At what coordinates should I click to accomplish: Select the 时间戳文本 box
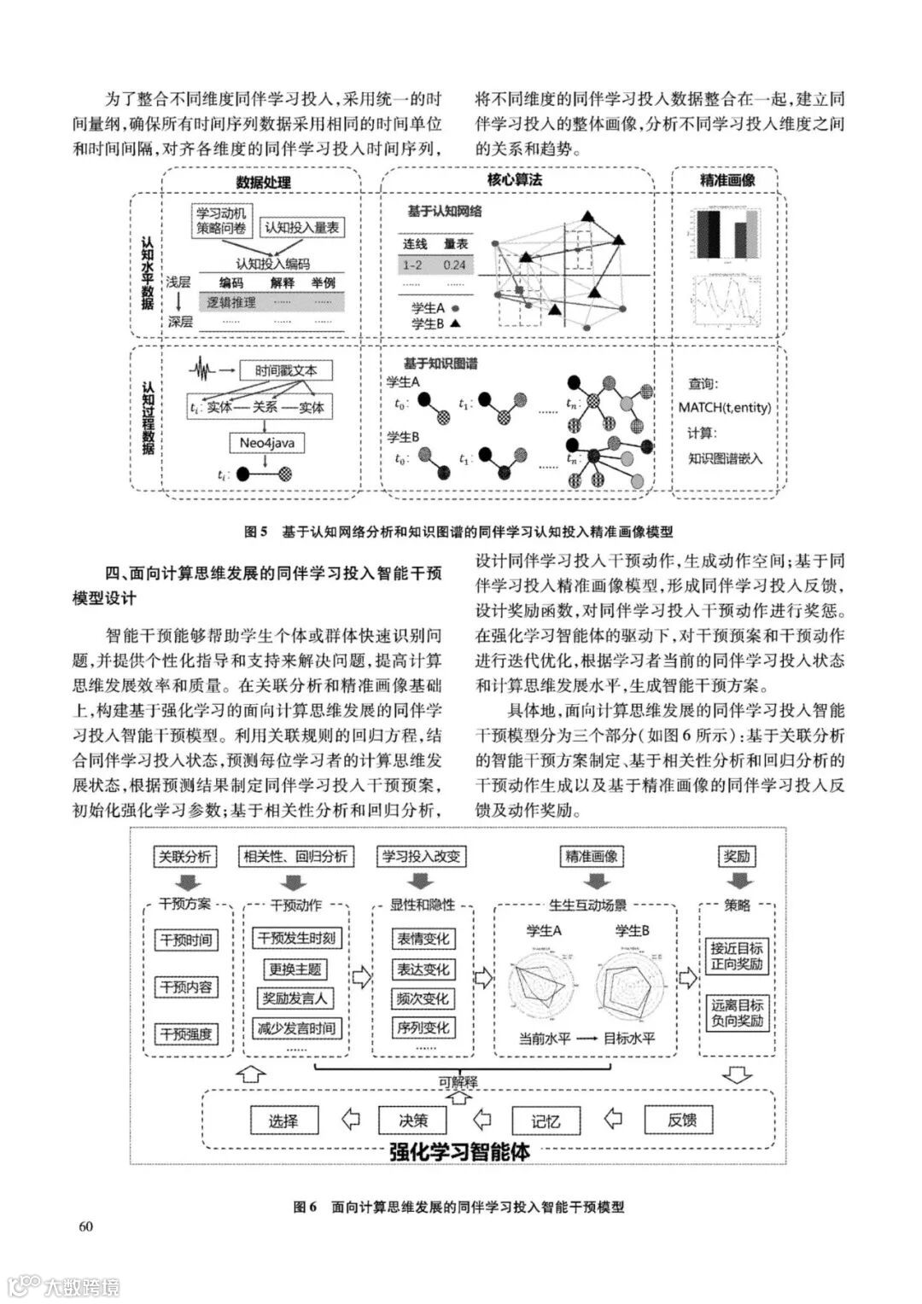point(285,371)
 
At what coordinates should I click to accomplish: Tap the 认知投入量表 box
point(301,228)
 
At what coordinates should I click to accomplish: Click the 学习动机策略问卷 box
point(221,221)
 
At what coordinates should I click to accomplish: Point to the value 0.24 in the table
point(455,265)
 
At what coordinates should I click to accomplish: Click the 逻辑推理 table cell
point(230,302)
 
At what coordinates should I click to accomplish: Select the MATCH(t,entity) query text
point(724,407)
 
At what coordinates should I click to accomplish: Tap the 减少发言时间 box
point(296,1028)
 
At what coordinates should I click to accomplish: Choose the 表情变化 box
point(422,939)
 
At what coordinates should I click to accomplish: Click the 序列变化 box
point(422,1028)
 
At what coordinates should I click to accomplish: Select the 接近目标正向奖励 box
point(737,957)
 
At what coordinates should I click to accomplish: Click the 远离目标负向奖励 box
point(737,1013)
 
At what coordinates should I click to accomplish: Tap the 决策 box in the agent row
point(413,1121)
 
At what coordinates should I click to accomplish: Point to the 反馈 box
point(682,1120)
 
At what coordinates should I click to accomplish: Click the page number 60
point(85,1227)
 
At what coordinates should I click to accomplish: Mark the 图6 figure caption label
point(305,1207)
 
